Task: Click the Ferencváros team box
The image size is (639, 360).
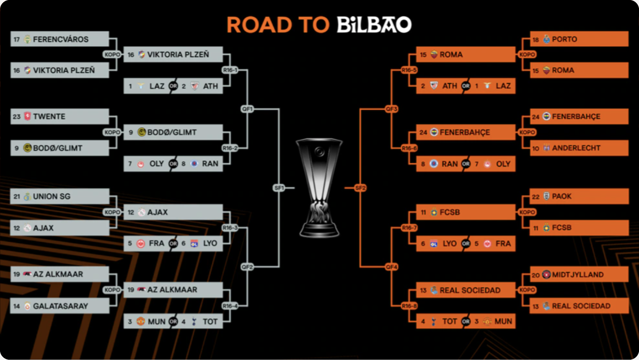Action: tap(60, 39)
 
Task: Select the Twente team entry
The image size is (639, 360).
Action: tap(60, 116)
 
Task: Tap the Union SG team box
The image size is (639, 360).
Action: tap(60, 196)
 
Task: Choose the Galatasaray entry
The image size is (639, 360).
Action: tap(60, 306)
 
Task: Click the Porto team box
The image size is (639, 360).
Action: tap(579, 39)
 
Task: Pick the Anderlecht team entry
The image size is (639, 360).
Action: tap(579, 148)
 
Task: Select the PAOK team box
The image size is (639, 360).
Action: tap(579, 196)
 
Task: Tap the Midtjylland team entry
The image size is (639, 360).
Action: tap(579, 274)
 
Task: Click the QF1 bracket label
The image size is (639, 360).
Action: tap(247, 109)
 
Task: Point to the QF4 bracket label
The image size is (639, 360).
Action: tap(392, 267)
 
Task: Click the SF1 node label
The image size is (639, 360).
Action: tap(279, 188)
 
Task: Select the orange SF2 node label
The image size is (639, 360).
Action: tap(360, 188)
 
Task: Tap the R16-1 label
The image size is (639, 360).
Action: tap(230, 70)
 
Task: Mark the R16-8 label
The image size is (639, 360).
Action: tap(409, 306)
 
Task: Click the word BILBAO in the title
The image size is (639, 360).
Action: tap(374, 25)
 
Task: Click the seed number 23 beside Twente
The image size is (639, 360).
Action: tap(17, 116)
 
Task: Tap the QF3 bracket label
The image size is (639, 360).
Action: tap(392, 109)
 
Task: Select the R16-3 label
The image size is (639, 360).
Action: tap(230, 228)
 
